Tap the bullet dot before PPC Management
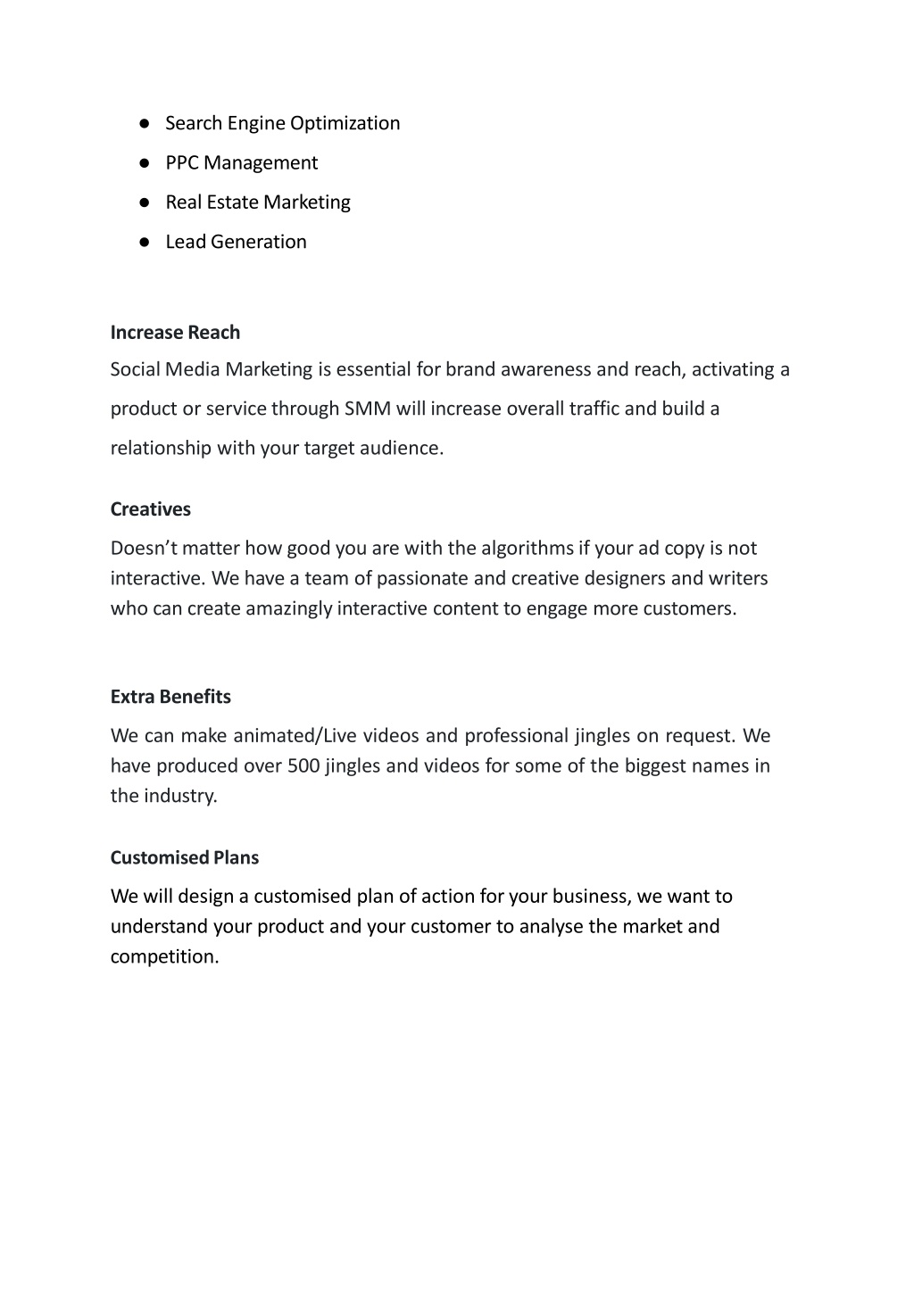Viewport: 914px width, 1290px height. click(x=143, y=163)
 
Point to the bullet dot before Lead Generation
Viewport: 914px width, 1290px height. click(x=143, y=242)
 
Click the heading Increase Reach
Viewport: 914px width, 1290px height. click(x=175, y=333)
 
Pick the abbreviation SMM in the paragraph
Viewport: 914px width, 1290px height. click(x=368, y=409)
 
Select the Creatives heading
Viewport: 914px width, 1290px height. click(x=151, y=509)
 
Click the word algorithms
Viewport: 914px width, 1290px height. click(x=528, y=548)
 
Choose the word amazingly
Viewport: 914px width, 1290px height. click(x=289, y=608)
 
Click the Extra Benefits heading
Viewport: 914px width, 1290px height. click(x=170, y=697)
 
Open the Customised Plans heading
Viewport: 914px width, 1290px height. click(x=185, y=857)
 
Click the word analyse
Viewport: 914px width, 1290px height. click(x=551, y=926)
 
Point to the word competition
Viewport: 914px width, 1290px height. click(x=164, y=956)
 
